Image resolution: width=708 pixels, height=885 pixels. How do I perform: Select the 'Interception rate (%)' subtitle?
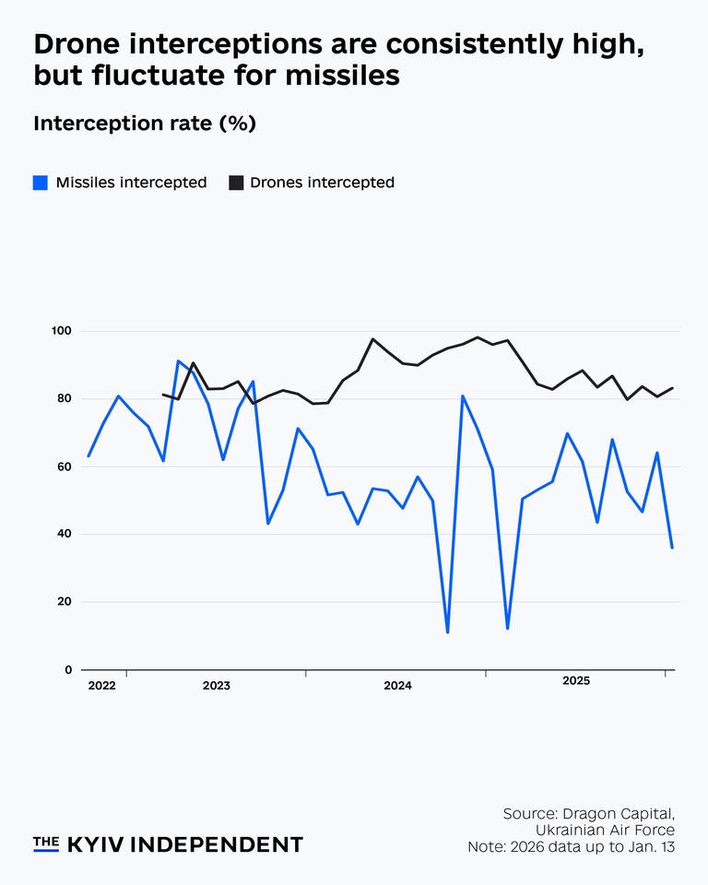point(144,124)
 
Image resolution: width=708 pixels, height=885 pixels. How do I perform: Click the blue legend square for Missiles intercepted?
point(41,183)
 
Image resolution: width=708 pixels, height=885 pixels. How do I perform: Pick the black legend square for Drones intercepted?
point(236,183)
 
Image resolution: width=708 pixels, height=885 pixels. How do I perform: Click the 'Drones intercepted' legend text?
point(322,183)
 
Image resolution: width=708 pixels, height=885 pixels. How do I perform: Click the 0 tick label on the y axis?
point(68,670)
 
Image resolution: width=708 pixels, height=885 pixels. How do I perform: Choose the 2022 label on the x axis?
point(101,686)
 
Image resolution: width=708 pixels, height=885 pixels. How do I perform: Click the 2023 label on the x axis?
point(217,686)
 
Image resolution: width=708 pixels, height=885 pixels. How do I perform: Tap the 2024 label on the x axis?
point(397,686)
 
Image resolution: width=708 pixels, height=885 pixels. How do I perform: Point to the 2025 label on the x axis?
point(576,681)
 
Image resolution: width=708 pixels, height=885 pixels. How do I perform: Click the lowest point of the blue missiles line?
point(447,632)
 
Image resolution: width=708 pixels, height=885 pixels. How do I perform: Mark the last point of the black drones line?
point(672,388)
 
